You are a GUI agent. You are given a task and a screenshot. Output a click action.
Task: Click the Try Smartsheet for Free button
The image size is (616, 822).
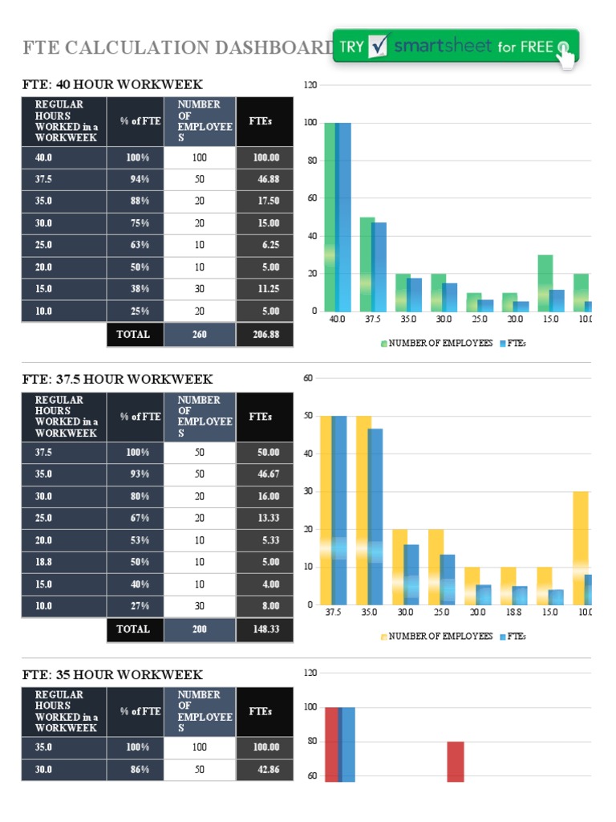[455, 47]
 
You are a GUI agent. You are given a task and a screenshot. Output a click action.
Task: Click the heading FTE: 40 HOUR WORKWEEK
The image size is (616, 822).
[111, 84]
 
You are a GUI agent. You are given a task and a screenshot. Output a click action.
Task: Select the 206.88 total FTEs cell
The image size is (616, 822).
[265, 334]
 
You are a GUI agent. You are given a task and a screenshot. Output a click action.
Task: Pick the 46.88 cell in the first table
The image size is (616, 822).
[265, 179]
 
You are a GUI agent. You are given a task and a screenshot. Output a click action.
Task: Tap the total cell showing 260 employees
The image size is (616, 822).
[200, 334]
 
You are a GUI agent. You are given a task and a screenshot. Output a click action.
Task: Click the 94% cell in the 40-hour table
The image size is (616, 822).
[137, 179]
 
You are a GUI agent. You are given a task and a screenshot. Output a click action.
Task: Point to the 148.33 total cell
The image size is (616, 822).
[265, 629]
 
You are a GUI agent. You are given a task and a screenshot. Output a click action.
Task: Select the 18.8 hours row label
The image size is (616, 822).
[64, 562]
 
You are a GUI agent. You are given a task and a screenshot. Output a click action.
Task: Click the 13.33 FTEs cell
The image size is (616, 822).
[265, 518]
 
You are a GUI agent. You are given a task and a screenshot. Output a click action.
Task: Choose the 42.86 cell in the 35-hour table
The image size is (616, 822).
[265, 769]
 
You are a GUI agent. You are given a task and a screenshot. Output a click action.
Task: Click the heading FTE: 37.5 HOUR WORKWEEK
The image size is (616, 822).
[116, 379]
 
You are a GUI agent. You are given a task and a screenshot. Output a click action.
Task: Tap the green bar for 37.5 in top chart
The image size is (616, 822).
[366, 264]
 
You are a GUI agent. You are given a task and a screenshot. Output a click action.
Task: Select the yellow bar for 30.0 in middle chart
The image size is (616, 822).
[399, 567]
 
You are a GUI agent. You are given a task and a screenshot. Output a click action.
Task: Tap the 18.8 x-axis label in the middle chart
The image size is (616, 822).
[519, 612]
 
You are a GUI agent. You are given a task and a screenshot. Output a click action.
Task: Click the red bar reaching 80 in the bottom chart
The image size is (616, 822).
[456, 761]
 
